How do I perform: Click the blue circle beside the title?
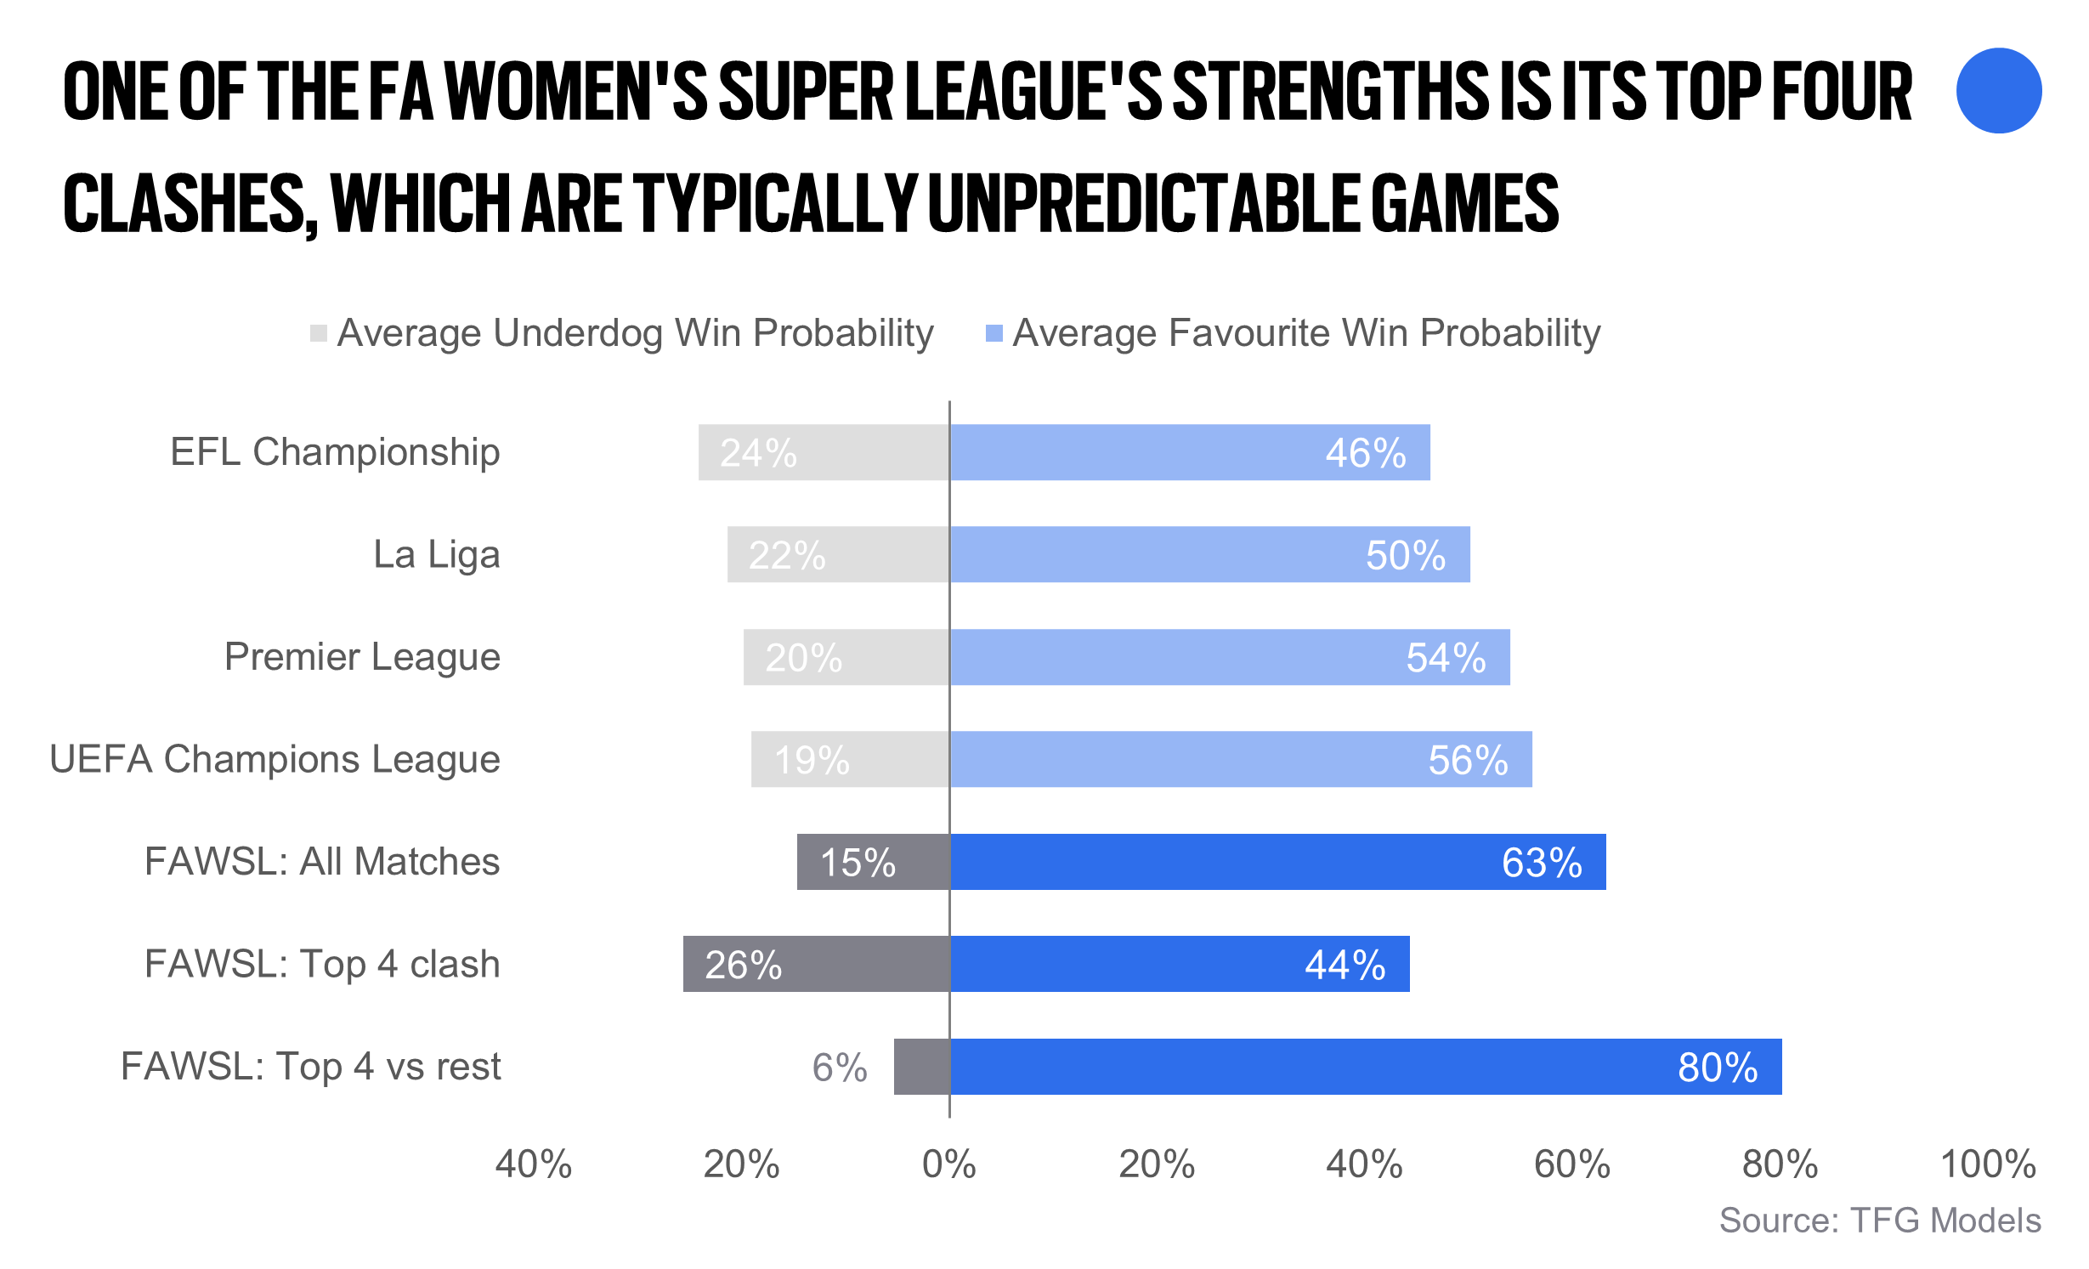click(x=1998, y=91)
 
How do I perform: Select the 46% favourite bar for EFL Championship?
click(x=1190, y=452)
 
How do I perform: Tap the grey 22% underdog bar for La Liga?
click(x=838, y=554)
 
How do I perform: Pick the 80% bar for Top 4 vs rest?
click(x=1365, y=1066)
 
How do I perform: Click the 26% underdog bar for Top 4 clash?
click(x=816, y=964)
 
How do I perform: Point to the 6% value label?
click(x=839, y=1068)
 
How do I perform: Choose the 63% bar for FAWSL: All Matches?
click(x=1277, y=862)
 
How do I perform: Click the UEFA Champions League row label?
click(x=275, y=759)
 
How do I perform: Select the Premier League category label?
click(x=362, y=657)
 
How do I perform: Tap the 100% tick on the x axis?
click(x=1988, y=1164)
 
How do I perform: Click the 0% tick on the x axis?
click(x=949, y=1164)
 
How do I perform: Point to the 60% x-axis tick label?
click(x=1572, y=1164)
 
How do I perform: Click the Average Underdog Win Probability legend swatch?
click(x=319, y=333)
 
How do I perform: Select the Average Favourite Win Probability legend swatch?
click(x=994, y=333)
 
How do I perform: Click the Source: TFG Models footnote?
click(x=1880, y=1221)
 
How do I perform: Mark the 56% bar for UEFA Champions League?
click(x=1241, y=759)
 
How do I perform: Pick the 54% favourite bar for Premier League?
click(x=1230, y=657)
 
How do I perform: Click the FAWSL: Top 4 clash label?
click(x=322, y=964)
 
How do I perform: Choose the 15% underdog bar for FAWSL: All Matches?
click(x=873, y=862)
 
